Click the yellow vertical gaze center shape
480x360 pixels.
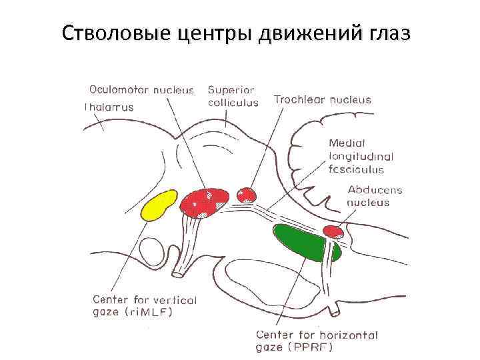coord(160,205)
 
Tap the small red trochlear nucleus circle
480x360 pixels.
coord(247,195)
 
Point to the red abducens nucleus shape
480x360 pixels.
coord(333,232)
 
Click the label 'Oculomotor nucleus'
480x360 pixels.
coord(142,89)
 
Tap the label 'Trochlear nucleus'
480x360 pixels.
coord(322,100)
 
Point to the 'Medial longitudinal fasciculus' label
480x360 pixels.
coord(361,156)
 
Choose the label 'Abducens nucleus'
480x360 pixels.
coord(375,196)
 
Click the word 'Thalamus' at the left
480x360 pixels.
coord(109,107)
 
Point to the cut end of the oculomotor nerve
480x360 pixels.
coord(181,273)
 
